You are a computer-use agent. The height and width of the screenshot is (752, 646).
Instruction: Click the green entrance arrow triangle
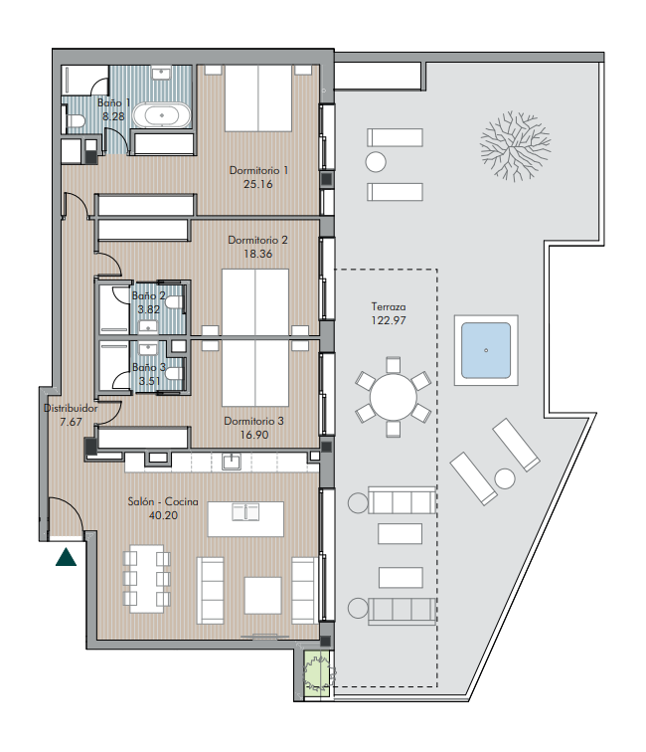click(66, 558)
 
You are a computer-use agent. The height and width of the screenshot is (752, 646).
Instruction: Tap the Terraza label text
click(389, 307)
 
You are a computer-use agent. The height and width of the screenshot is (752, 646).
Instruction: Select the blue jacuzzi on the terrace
click(486, 350)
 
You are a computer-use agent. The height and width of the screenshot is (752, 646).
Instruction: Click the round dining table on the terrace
click(393, 398)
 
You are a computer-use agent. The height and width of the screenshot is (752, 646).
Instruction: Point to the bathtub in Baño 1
click(161, 115)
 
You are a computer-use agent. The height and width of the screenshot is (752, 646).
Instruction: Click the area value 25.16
click(257, 184)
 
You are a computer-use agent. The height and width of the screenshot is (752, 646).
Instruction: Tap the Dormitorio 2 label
click(257, 240)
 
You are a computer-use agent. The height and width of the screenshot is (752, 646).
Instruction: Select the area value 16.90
click(254, 435)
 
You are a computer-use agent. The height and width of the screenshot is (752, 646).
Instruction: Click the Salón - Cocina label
click(163, 501)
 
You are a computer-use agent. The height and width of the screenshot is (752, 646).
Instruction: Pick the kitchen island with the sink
click(245, 519)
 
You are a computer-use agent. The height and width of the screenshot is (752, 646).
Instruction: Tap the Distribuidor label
click(71, 408)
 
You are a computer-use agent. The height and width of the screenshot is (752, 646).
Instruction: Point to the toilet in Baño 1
click(76, 120)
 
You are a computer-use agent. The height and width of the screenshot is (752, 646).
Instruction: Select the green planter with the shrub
click(317, 672)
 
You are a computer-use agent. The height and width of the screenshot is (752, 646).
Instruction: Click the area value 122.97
click(389, 320)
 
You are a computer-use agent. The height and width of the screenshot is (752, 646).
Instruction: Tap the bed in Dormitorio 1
click(258, 97)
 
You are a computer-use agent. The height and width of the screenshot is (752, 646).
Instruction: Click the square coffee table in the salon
click(262, 595)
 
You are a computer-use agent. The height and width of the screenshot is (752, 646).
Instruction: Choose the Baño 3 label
click(148, 367)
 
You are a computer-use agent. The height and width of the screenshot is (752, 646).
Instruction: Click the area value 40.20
click(163, 515)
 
